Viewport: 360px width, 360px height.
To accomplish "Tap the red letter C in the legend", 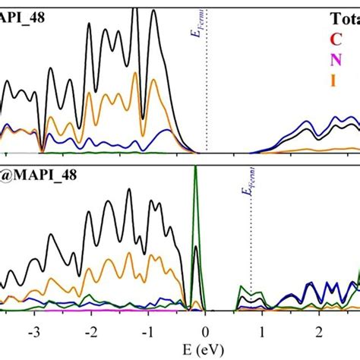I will pyautogui.click(x=336, y=39).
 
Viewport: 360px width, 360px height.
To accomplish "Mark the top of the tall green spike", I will pyautogui.click(x=196, y=167).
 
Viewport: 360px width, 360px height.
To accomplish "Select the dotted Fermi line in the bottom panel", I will pyautogui.click(x=251, y=258).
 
